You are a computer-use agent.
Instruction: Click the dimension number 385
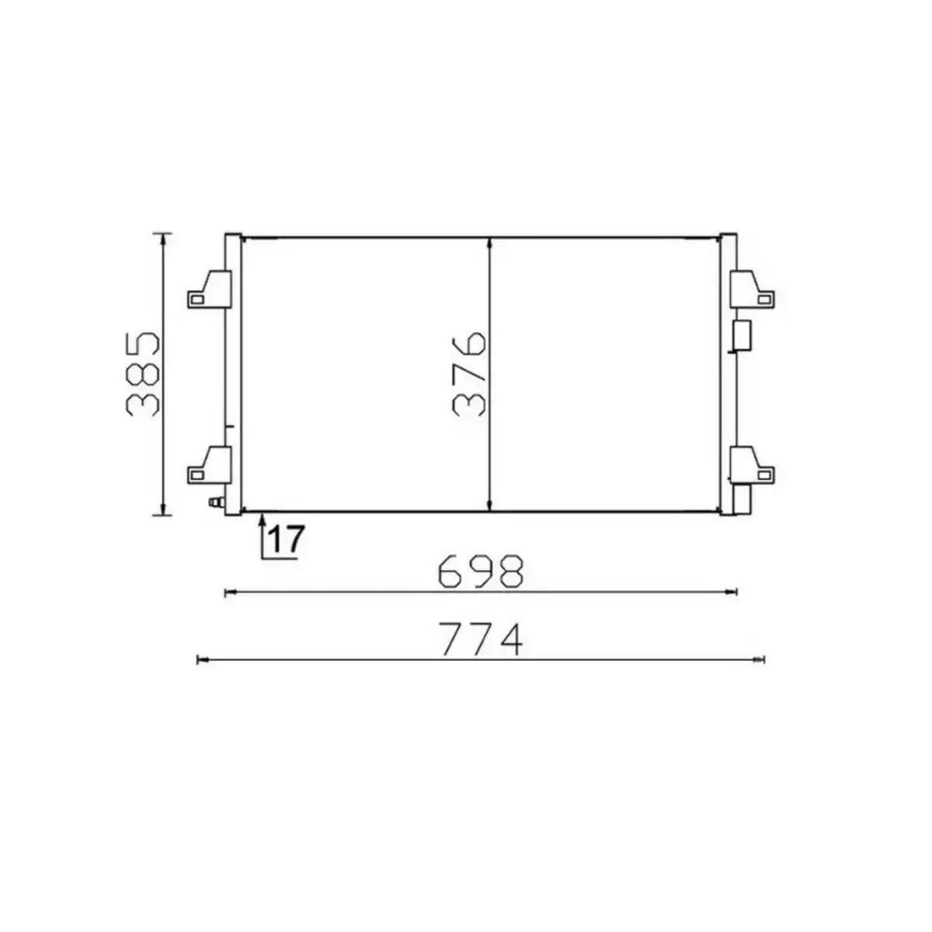(144, 374)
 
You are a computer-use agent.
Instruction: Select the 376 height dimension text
(471, 374)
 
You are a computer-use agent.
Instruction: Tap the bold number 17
(284, 539)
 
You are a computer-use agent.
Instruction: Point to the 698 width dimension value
(482, 572)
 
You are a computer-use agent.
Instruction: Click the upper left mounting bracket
(210, 288)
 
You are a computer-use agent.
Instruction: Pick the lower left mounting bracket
(210, 464)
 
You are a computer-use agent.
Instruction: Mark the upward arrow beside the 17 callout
(263, 519)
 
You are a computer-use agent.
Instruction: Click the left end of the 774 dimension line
(201, 660)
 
